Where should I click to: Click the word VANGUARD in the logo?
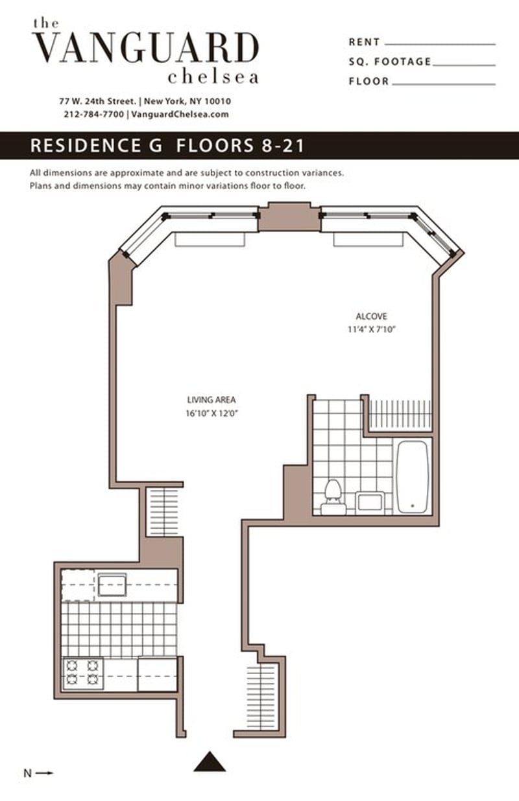(x=146, y=48)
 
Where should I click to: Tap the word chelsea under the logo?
(x=213, y=76)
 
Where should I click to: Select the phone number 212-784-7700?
(x=94, y=114)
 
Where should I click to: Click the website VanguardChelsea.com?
(x=180, y=114)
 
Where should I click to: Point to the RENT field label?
(x=364, y=42)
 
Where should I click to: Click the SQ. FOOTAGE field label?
(x=390, y=62)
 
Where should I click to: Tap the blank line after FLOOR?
(x=444, y=84)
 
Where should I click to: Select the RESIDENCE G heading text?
(x=96, y=146)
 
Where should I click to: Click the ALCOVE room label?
(x=371, y=316)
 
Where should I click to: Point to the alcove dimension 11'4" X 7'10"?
(x=371, y=329)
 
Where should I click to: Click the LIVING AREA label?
(x=211, y=400)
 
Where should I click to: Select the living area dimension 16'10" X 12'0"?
(x=211, y=413)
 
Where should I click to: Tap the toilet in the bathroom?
(x=333, y=498)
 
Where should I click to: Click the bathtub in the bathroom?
(x=412, y=477)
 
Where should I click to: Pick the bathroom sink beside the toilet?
(x=370, y=503)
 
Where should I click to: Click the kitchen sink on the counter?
(x=112, y=585)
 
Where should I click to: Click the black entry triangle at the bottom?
(x=210, y=761)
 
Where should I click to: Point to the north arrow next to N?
(x=44, y=772)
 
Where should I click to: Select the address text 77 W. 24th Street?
(x=98, y=101)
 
